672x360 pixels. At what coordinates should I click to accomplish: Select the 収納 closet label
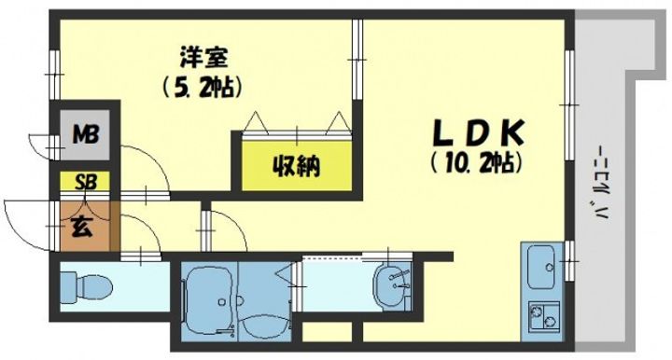tap(297, 167)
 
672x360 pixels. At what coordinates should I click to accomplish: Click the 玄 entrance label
tap(82, 227)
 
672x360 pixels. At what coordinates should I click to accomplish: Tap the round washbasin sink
tap(393, 284)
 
